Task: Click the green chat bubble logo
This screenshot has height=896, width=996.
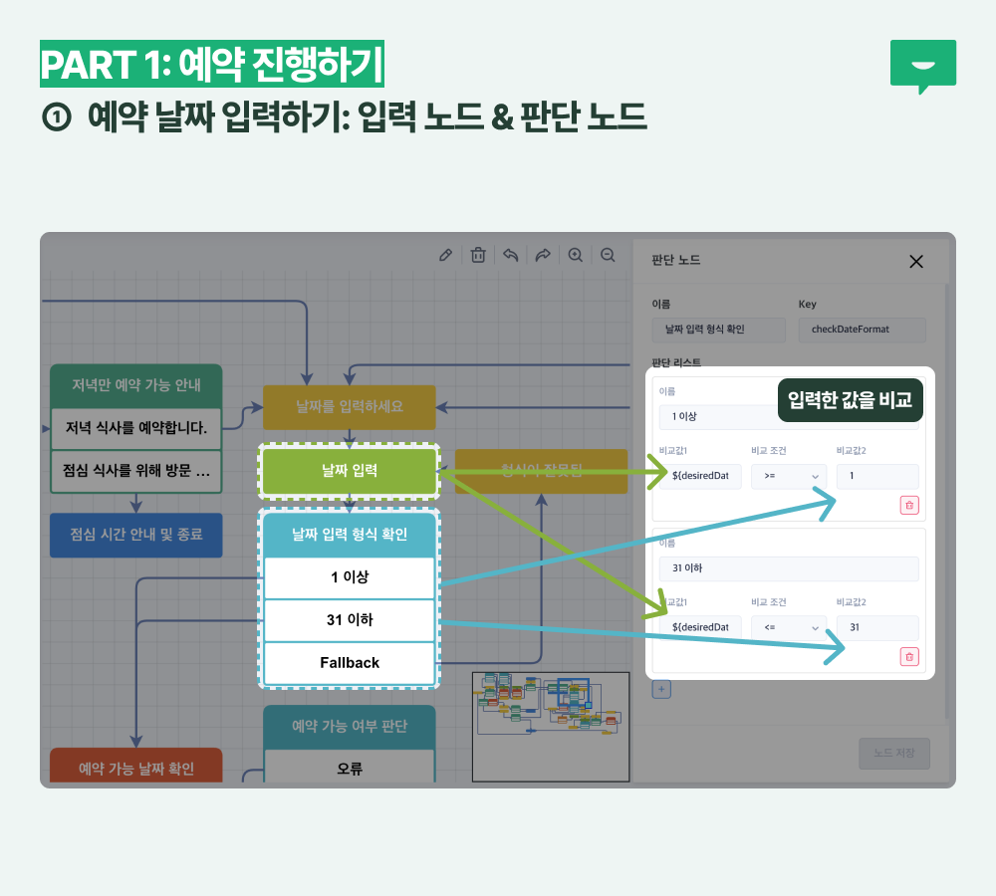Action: pyautogui.click(x=922, y=66)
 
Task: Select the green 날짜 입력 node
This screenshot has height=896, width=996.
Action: pyautogui.click(x=350, y=471)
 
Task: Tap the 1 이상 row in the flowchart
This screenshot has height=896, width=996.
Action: pyautogui.click(x=350, y=577)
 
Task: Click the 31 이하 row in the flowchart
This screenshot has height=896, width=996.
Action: pyautogui.click(x=350, y=620)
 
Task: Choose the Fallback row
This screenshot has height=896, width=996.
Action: pyautogui.click(x=350, y=662)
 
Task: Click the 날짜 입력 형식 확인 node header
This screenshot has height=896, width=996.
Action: pyautogui.click(x=350, y=535)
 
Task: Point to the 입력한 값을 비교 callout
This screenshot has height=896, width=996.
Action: pyautogui.click(x=850, y=400)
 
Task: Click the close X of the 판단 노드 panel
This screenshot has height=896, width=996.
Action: pyautogui.click(x=916, y=261)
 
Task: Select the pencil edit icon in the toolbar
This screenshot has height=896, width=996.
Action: pyautogui.click(x=446, y=255)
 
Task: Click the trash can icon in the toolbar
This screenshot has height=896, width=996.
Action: pyautogui.click(x=478, y=255)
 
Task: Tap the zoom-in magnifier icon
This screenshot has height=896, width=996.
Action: pyautogui.click(x=575, y=255)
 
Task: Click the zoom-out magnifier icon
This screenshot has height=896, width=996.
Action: pyautogui.click(x=608, y=255)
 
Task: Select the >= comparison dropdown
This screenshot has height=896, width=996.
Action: pyautogui.click(x=789, y=477)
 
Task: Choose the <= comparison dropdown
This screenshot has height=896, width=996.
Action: pyautogui.click(x=789, y=628)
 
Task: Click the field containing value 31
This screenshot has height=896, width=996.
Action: pyautogui.click(x=877, y=628)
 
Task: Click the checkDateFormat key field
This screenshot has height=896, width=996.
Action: pyautogui.click(x=863, y=330)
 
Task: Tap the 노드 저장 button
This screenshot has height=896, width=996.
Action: pyautogui.click(x=894, y=754)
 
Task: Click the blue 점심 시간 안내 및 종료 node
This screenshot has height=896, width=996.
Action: pyautogui.click(x=136, y=535)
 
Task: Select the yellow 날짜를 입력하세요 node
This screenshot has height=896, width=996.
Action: pyautogui.click(x=350, y=406)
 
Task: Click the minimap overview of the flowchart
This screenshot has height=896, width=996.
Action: pyautogui.click(x=551, y=727)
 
